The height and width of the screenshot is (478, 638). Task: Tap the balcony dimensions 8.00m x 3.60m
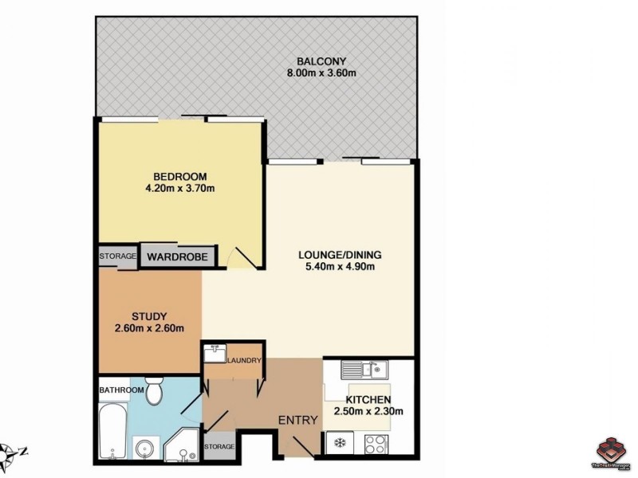point(321,74)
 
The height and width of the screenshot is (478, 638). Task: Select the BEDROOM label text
point(180,176)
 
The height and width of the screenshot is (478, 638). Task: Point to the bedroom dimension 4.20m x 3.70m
point(180,189)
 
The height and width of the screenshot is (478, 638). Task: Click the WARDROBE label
point(179,257)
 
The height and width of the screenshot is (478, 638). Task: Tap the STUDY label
point(149,315)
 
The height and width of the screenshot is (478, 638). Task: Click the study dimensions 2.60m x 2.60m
point(149,327)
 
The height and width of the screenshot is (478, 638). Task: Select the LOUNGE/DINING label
point(340,255)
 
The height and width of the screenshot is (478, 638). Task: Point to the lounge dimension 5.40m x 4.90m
point(340,268)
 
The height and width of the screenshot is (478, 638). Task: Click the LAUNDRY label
point(244,362)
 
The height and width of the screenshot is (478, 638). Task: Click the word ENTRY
point(297,420)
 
